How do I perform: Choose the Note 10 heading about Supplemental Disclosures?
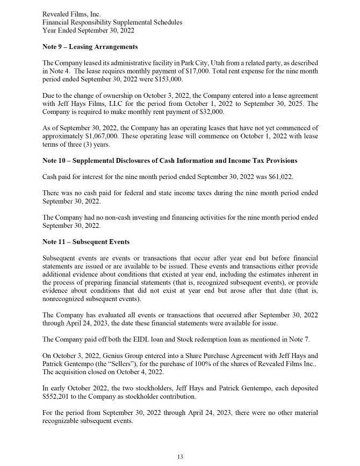tap(169, 161)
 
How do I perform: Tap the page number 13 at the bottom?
tap(180, 457)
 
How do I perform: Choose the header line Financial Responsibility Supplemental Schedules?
tap(112, 22)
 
